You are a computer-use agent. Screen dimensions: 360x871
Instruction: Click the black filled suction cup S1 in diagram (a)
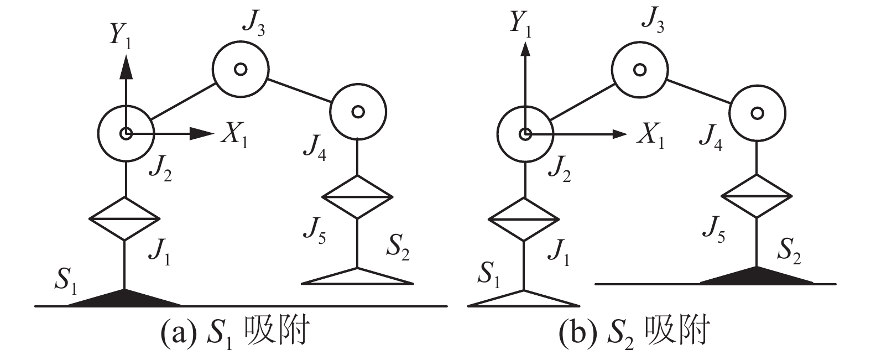(125, 299)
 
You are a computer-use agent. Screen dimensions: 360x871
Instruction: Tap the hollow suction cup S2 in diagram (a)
(358, 277)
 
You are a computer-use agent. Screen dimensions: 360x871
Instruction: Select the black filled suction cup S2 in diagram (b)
(757, 276)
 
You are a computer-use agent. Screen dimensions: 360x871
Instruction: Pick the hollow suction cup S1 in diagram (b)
(524, 299)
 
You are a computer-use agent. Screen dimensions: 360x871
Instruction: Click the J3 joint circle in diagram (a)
(241, 70)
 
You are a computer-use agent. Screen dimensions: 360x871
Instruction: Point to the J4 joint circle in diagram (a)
(358, 112)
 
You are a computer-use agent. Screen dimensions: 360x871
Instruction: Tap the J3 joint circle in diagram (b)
(640, 70)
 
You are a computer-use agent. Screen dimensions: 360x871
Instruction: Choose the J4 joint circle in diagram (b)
(757, 112)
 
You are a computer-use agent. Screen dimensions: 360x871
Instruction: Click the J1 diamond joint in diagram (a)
(125, 219)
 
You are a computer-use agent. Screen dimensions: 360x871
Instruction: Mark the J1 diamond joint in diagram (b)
(524, 220)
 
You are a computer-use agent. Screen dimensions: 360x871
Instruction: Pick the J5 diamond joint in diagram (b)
(757, 196)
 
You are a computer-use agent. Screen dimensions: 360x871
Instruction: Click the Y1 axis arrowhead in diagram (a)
(126, 66)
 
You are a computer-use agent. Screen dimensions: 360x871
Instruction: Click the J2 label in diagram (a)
(160, 169)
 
